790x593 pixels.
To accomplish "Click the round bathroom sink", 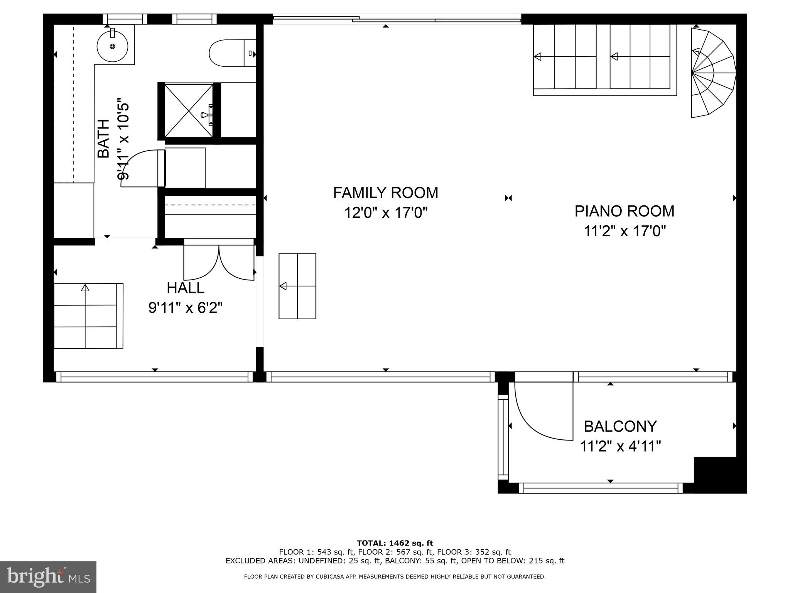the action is [112, 46].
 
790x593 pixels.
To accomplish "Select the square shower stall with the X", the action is [189, 111].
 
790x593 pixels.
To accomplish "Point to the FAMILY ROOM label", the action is [386, 193].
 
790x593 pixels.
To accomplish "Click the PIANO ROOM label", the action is [625, 211].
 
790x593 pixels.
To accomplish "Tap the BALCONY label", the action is [620, 427].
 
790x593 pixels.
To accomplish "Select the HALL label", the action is [186, 288].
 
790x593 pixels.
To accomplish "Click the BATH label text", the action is [103, 139].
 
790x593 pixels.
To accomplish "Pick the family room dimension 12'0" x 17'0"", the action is [386, 213].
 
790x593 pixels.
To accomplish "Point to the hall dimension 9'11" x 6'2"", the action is [186, 308].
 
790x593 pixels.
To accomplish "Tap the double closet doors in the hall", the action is [219, 259].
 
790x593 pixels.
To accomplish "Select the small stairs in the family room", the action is [297, 286].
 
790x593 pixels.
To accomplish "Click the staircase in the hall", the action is [88, 316].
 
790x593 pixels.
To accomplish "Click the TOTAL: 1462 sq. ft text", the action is [395, 544].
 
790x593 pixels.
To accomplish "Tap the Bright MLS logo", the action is [48, 577].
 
